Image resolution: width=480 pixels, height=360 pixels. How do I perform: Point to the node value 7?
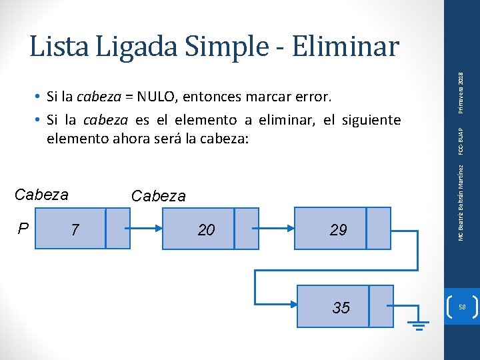pyautogui.click(x=75, y=230)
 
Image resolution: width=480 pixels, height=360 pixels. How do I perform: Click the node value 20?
pyautogui.click(x=207, y=230)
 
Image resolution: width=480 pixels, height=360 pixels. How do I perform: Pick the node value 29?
pyautogui.click(x=338, y=230)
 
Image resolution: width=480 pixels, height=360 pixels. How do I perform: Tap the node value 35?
pyautogui.click(x=341, y=307)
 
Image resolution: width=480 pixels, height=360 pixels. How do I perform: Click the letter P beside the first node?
pyautogui.click(x=23, y=229)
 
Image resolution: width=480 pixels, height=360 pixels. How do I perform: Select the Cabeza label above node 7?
pyautogui.click(x=41, y=195)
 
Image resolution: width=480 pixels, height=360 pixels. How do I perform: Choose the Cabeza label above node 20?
pyautogui.click(x=159, y=196)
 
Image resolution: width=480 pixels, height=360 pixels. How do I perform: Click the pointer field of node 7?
pyautogui.click(x=118, y=229)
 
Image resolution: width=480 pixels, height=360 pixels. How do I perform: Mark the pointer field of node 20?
pyautogui.click(x=247, y=229)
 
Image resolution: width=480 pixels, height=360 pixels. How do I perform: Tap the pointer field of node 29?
pyautogui.click(x=379, y=229)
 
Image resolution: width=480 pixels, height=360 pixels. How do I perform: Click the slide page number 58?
pyautogui.click(x=461, y=307)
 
